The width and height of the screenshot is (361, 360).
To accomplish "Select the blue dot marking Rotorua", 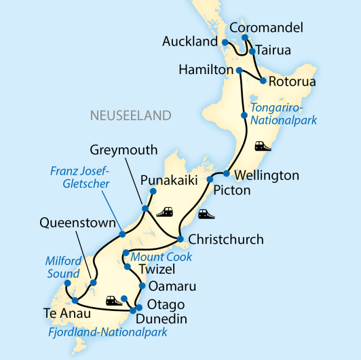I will [x=263, y=81].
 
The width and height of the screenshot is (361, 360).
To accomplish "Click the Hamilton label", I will [x=205, y=70].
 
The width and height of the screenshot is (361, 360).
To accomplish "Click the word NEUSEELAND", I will [x=131, y=115].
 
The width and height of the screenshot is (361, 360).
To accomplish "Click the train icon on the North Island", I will [x=262, y=145].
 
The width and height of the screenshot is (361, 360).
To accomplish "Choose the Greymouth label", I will [x=124, y=150].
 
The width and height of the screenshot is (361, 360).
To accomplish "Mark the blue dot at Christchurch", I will [x=180, y=239].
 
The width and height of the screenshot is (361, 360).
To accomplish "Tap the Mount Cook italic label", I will [x=162, y=257].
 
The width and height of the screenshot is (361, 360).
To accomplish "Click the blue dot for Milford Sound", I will [x=67, y=283].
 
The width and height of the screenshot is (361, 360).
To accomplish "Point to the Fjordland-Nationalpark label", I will [x=108, y=333].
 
